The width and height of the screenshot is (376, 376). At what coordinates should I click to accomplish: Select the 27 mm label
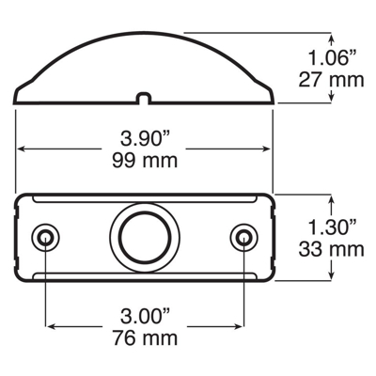tap(331, 80)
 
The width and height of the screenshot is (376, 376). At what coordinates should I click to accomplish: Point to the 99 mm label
tap(145, 161)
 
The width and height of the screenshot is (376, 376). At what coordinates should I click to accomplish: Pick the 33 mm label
tap(331, 249)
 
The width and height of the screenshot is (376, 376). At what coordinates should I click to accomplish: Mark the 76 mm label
tap(145, 338)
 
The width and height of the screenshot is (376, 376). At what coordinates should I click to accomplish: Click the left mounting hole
tap(46, 237)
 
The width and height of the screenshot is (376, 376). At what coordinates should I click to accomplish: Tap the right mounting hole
tap(243, 237)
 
